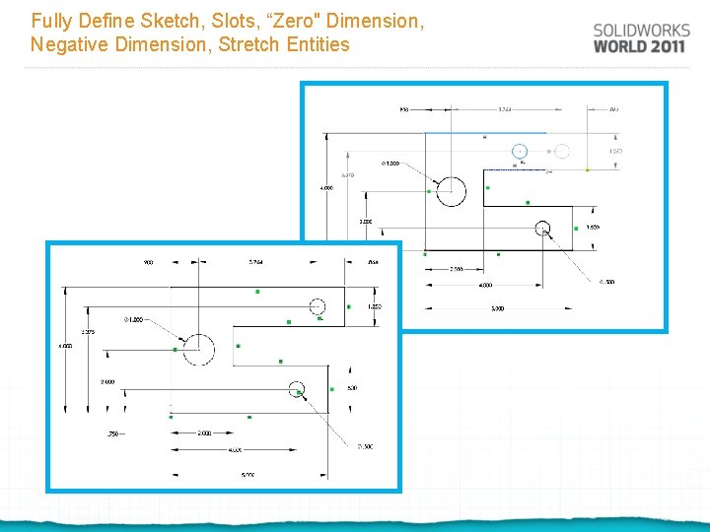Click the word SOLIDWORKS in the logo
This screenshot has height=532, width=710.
[641, 31]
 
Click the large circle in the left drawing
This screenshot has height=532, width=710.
[198, 349]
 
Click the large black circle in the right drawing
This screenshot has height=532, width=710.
[452, 190]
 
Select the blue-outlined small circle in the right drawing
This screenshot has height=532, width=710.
[520, 151]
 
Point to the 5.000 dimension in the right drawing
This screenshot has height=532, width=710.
[497, 308]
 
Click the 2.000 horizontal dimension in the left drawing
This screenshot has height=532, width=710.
[204, 433]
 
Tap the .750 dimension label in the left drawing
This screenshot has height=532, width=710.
[113, 433]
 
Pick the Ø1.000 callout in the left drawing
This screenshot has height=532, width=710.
[133, 319]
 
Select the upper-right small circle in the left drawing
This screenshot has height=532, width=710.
[318, 305]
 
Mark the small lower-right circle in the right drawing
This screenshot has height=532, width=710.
[541, 230]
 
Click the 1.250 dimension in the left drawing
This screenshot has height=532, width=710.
[375, 306]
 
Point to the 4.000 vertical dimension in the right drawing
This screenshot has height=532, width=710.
[326, 187]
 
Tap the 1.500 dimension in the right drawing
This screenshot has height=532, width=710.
[593, 228]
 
